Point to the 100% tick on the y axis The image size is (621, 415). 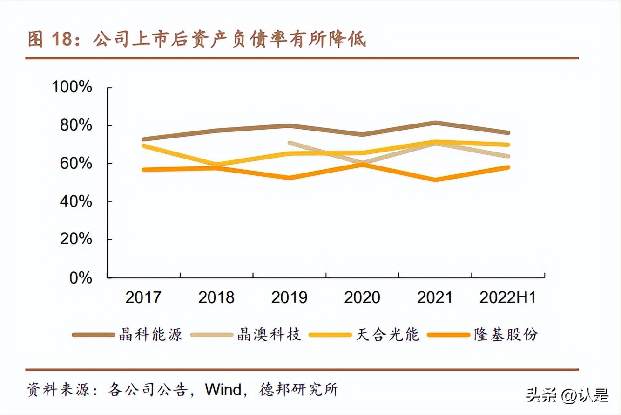(x=73, y=87)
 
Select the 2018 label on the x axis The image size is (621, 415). (x=216, y=297)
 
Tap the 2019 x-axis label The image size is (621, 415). (x=289, y=297)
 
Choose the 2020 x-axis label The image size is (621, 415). (x=362, y=297)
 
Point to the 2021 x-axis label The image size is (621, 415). (x=435, y=297)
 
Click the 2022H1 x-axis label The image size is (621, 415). (x=507, y=297)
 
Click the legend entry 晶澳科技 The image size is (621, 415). (x=269, y=334)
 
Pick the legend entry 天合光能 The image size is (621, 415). (x=388, y=334)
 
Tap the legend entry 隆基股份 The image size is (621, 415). (x=506, y=334)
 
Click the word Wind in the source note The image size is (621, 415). (x=226, y=388)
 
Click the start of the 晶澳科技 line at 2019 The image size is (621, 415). (x=290, y=143)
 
